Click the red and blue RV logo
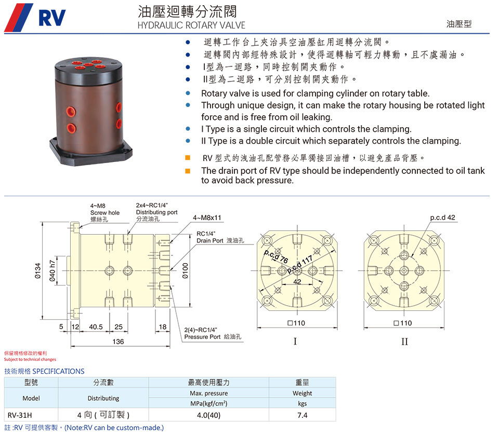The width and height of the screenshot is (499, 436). click(x=35, y=18)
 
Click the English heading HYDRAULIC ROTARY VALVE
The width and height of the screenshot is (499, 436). click(x=191, y=25)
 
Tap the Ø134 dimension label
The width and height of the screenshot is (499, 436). click(x=38, y=271)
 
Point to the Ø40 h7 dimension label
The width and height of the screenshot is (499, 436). click(x=52, y=271)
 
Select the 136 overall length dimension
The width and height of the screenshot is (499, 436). click(x=118, y=342)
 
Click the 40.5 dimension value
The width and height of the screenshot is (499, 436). click(x=96, y=326)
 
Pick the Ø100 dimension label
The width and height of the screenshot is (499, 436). click(x=185, y=271)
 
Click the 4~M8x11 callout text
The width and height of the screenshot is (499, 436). click(x=207, y=217)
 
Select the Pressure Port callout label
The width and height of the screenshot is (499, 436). click(x=213, y=333)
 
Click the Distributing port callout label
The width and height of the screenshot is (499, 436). click(x=156, y=212)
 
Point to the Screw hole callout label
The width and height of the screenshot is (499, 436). click(x=104, y=213)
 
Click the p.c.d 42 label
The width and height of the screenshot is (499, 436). click(x=443, y=217)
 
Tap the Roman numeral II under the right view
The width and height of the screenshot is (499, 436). click(x=404, y=342)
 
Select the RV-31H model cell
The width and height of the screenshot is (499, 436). click(x=20, y=415)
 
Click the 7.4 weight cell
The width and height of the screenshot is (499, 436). click(x=303, y=415)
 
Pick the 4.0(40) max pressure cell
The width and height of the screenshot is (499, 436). click(x=209, y=415)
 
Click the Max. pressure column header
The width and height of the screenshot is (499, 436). click(x=209, y=393)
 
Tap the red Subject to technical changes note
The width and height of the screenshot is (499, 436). click(x=30, y=359)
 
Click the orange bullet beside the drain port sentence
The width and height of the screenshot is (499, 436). click(x=188, y=171)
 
